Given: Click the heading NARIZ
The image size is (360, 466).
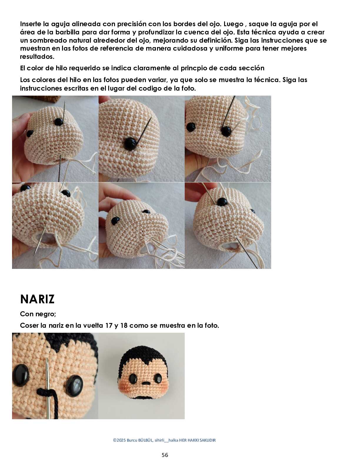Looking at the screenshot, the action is pyautogui.click(x=37, y=299).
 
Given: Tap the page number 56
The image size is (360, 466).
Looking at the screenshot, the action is pyautogui.click(x=165, y=455).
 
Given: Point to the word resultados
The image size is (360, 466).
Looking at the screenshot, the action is pyautogui.click(x=37, y=56).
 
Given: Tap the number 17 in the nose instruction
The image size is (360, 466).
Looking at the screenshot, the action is pyautogui.click(x=109, y=326).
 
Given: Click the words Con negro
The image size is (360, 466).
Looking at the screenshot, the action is pyautogui.click(x=38, y=314).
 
